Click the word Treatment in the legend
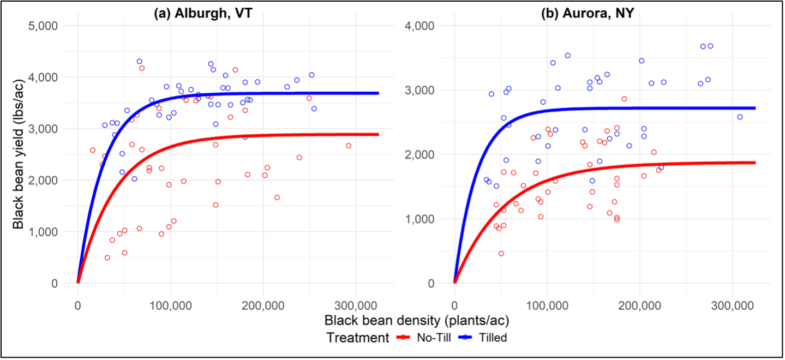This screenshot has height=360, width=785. pos(358,338)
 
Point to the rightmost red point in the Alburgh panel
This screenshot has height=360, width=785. pos(348,146)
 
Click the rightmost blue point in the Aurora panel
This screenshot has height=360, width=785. pos(740,117)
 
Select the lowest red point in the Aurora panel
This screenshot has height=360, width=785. pos(501,253)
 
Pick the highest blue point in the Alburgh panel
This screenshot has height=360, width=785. pos(139,62)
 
